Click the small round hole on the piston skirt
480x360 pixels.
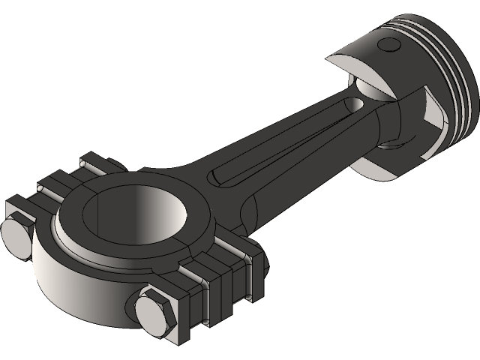click(389, 45)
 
